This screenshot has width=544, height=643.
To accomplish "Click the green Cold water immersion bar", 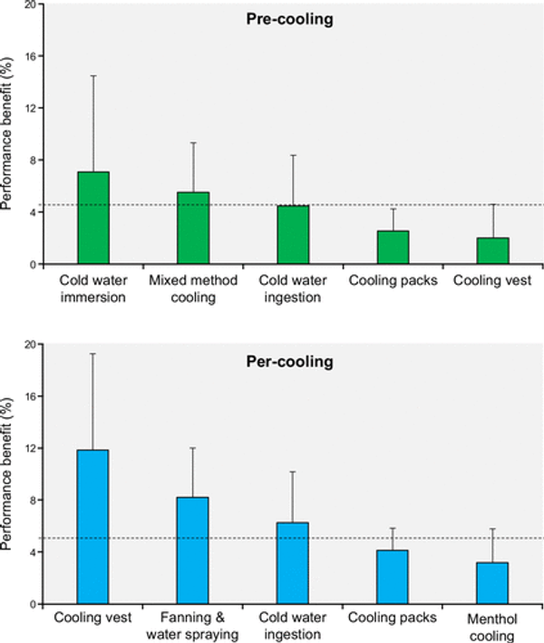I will [93, 219].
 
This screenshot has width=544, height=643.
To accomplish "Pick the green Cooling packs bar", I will [393, 248].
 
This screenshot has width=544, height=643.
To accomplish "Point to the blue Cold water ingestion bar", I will [293, 563].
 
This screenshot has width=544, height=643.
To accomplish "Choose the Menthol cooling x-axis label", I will [491, 626].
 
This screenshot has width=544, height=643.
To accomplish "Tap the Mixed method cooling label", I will [193, 287].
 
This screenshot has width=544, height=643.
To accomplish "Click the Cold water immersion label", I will [93, 287].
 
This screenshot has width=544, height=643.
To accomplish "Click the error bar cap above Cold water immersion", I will [93, 75].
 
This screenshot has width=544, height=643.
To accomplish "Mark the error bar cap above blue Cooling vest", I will [93, 354].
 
